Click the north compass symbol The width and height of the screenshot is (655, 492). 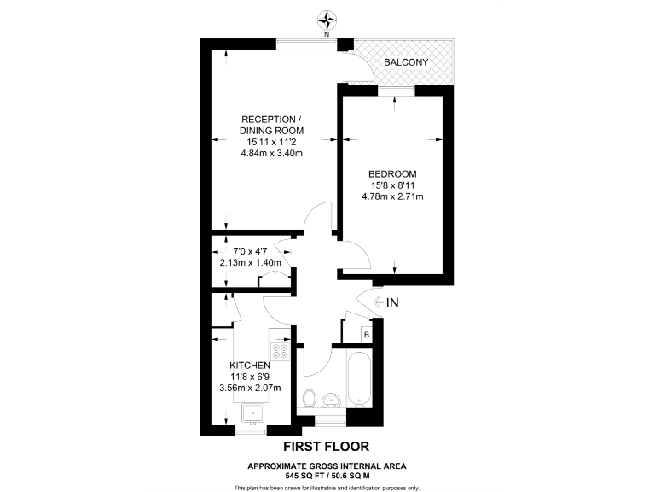[327, 19]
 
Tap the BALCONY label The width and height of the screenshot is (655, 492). [405, 63]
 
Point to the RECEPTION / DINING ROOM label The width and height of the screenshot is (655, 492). [272, 124]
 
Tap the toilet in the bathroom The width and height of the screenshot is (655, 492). [310, 398]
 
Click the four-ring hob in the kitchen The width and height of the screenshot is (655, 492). [281, 350]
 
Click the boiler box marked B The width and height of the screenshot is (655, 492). [366, 334]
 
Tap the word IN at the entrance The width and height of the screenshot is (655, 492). [393, 303]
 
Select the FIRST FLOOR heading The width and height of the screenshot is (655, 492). [327, 447]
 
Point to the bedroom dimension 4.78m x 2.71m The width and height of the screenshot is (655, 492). [393, 197]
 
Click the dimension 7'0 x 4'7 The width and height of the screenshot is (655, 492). [251, 251]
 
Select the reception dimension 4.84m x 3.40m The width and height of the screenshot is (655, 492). [272, 154]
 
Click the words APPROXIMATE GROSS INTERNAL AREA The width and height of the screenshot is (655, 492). [327, 465]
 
